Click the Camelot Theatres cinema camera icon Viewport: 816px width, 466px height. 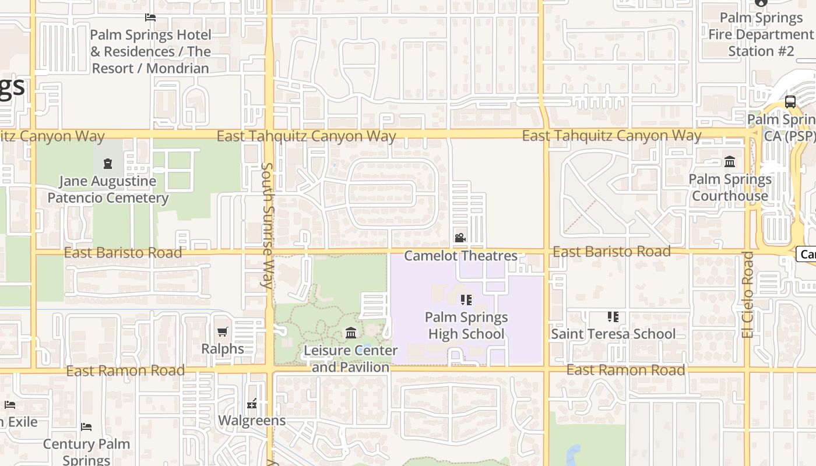[460, 238]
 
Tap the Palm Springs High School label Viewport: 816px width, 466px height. [466, 326]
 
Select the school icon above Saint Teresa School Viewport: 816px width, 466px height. [613, 317]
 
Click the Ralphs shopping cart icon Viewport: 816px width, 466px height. [222, 332]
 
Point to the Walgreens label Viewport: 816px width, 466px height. [252, 420]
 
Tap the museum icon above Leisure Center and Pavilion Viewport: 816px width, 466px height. [351, 333]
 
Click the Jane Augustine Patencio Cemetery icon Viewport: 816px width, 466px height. [108, 164]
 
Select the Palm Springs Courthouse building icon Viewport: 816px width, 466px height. [730, 161]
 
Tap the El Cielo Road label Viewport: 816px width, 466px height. [748, 294]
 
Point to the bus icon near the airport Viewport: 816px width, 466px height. [790, 102]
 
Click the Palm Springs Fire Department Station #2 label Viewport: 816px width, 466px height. [761, 34]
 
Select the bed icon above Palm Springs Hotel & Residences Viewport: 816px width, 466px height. [150, 17]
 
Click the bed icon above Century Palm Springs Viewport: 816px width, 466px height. [86, 427]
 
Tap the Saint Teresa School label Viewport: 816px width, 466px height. [613, 334]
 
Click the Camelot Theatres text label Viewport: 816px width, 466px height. [460, 256]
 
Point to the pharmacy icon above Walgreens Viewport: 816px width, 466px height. [252, 403]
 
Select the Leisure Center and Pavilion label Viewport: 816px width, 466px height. [351, 359]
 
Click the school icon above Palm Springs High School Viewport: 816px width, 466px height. [466, 300]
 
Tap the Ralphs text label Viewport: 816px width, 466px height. [222, 348]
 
